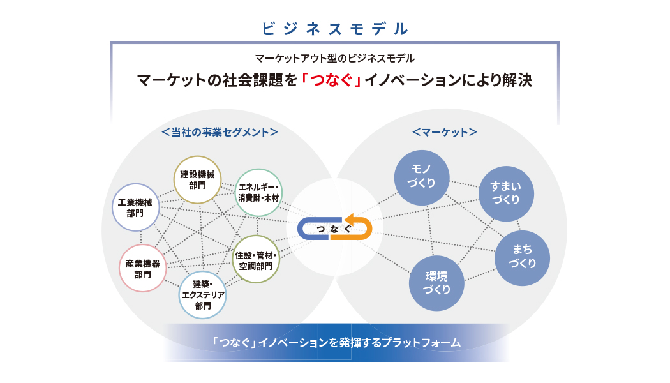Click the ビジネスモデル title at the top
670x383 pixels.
pyautogui.click(x=334, y=29)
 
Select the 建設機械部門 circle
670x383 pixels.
pyautogui.click(x=197, y=179)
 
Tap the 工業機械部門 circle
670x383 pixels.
pyautogui.click(x=135, y=207)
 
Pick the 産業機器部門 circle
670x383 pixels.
pyautogui.click(x=143, y=268)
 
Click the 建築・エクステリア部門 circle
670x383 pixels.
pyautogui.click(x=202, y=295)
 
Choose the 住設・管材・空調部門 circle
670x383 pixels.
pyautogui.click(x=256, y=259)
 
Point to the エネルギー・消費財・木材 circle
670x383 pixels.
pyautogui.click(x=258, y=192)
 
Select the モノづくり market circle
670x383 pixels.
pyautogui.click(x=422, y=177)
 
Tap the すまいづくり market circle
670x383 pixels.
pyautogui.click(x=507, y=193)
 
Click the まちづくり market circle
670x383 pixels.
pyautogui.click(x=522, y=258)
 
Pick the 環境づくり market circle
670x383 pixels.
pyautogui.click(x=436, y=283)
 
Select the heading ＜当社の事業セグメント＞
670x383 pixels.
pyautogui.click(x=220, y=132)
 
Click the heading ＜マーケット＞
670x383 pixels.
pyautogui.click(x=445, y=132)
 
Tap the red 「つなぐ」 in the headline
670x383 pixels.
pyautogui.click(x=331, y=80)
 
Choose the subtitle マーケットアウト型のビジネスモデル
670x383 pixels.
pyautogui.click(x=334, y=58)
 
